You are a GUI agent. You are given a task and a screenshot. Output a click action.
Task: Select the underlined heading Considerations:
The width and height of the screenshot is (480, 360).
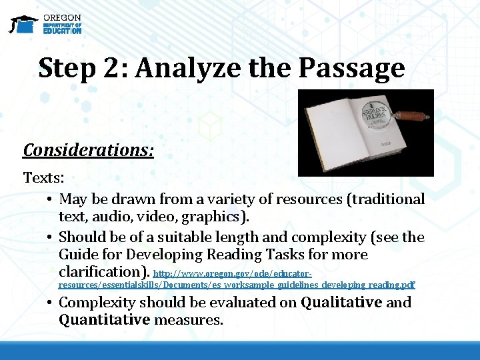89,150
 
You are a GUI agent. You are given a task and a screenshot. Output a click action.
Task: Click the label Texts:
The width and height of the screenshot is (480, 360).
43,179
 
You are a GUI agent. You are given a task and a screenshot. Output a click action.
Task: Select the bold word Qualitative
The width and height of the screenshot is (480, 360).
341,303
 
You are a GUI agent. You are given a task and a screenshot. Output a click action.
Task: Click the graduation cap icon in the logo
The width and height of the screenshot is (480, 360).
23,24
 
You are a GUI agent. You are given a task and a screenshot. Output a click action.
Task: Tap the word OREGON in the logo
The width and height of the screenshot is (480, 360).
62,17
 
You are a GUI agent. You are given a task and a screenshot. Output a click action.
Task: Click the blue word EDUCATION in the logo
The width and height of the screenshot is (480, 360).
62,31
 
